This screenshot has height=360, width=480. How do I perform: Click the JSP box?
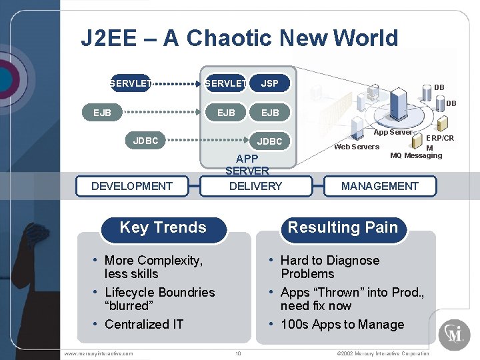point(270,83)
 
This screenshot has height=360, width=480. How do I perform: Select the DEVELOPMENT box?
point(131,186)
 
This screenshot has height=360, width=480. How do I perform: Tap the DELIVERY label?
point(255,186)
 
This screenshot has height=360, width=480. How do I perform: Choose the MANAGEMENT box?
point(379,186)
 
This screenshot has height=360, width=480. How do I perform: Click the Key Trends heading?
point(163,227)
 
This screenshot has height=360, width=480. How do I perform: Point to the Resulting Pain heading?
point(342,227)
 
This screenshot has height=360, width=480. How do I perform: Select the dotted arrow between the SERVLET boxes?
point(177,84)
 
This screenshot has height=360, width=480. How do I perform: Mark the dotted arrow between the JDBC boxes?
point(207,141)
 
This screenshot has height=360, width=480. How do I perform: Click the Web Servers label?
point(356,147)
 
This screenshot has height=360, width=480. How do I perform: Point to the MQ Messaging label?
point(416,156)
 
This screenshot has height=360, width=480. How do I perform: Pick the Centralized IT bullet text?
point(144,325)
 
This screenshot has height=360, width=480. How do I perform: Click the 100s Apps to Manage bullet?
point(342,325)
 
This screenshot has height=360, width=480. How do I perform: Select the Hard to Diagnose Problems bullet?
point(329,267)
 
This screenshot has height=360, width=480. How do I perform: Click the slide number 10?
point(238,353)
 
